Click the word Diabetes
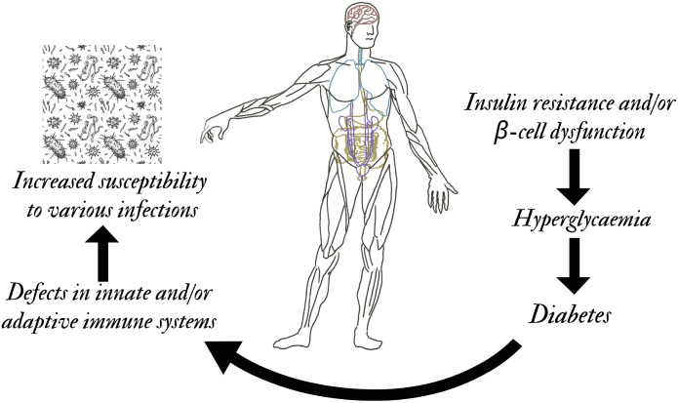click(572, 315)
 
